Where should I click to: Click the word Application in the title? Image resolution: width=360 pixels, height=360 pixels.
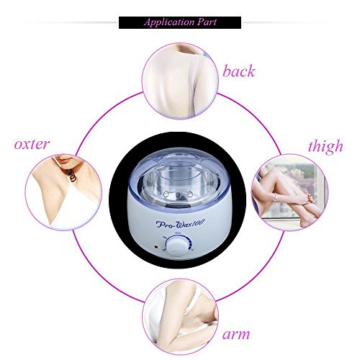point(169,22)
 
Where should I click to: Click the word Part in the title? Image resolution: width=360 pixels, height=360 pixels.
point(207,22)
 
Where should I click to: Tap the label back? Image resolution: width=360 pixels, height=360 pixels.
point(238,71)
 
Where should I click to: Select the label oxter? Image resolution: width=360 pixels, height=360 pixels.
point(32,145)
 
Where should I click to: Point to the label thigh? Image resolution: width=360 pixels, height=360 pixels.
point(325,146)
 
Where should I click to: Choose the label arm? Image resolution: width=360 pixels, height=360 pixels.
point(236,334)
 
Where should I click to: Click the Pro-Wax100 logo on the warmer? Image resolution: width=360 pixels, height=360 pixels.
point(180,224)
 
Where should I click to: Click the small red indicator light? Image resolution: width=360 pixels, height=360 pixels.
point(156,246)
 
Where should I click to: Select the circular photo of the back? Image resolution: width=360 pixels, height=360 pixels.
point(180,81)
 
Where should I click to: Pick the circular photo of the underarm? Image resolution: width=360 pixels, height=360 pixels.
point(63,192)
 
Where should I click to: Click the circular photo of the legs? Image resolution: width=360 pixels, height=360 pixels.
point(290,192)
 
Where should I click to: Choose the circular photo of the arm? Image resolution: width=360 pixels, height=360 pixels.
point(180,317)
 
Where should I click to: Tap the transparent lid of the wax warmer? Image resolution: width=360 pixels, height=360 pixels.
point(180,175)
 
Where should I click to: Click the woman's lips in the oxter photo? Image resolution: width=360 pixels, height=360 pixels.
point(66,158)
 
